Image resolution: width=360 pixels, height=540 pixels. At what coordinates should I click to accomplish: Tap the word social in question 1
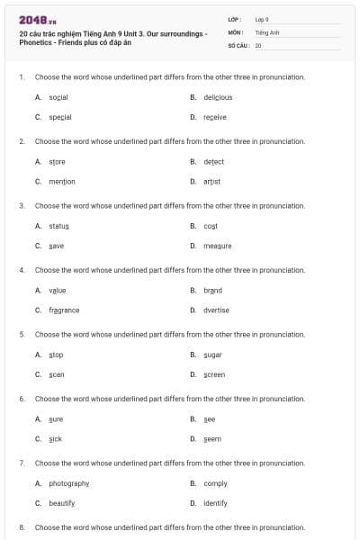[58, 97]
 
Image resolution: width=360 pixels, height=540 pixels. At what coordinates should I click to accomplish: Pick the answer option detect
[213, 162]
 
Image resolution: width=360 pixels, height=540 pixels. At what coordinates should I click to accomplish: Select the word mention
[62, 181]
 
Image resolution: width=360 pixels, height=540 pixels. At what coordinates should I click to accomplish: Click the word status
[59, 226]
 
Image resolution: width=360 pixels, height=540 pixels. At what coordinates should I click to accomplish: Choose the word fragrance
[64, 310]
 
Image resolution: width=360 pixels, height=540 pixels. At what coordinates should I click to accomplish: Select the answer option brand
[212, 291]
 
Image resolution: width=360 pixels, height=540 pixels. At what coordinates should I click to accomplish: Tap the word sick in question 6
[56, 439]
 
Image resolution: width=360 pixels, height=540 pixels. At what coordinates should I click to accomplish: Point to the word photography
[69, 484]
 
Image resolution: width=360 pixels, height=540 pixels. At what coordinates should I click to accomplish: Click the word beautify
[62, 503]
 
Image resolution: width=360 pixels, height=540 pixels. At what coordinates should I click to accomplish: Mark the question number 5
[22, 334]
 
